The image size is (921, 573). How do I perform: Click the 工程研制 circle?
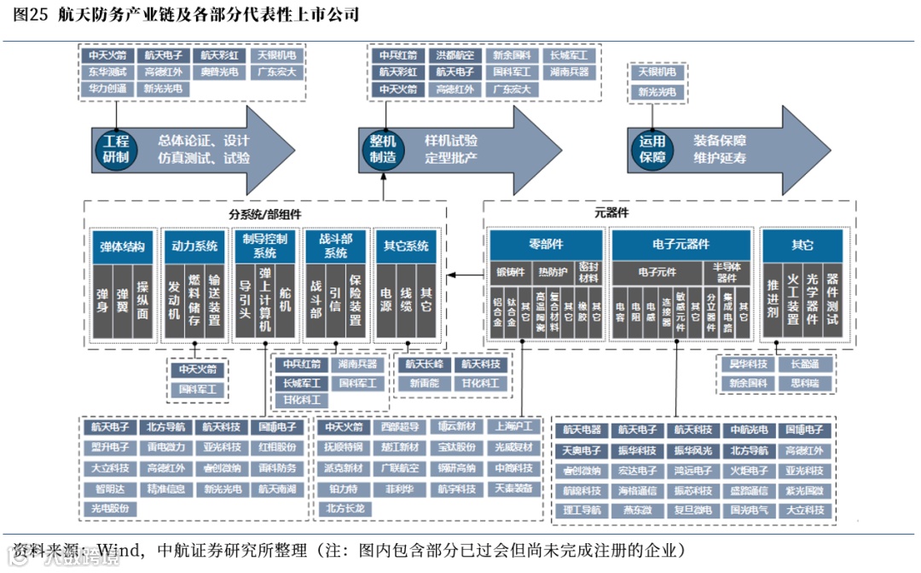pyautogui.click(x=116, y=149)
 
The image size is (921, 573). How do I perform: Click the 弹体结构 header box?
pyautogui.click(x=123, y=247)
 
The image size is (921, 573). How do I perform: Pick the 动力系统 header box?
pyautogui.click(x=194, y=247)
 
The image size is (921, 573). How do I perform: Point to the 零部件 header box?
pyautogui.click(x=546, y=245)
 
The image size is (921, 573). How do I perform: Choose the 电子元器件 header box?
pyautogui.click(x=681, y=245)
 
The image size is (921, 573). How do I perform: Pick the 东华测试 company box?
pyautogui.click(x=107, y=72)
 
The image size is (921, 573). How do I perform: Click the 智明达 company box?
pyautogui.click(x=109, y=489)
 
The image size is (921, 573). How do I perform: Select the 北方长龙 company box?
pyautogui.click(x=345, y=509)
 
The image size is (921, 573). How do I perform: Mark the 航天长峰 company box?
pyautogui.click(x=424, y=364)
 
